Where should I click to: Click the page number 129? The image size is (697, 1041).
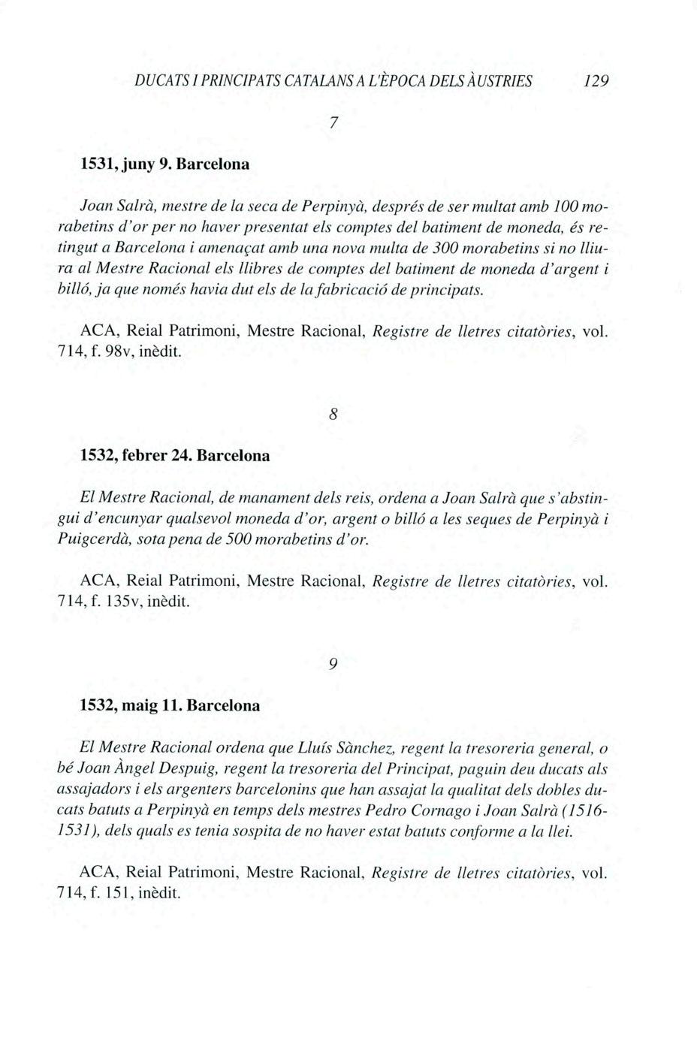(596, 80)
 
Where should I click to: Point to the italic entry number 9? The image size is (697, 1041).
(333, 664)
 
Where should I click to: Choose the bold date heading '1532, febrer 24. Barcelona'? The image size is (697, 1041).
(174, 454)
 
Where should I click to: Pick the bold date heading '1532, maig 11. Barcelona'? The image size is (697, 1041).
(170, 705)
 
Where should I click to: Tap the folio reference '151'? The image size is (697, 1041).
(117, 893)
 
